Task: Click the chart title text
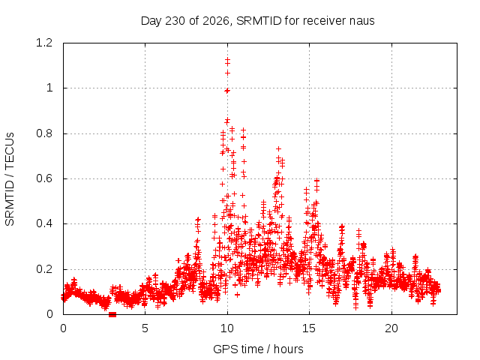[x=257, y=21]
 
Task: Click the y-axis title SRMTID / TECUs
[x=10, y=179]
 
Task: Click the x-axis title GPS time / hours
[x=258, y=349]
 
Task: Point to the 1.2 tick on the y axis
[x=44, y=43]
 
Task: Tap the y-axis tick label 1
[x=49, y=88]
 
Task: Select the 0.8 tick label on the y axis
[x=44, y=133]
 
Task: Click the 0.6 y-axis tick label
[x=44, y=178]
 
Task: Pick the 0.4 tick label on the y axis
[x=44, y=223]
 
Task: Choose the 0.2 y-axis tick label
[x=44, y=269]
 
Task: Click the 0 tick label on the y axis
[x=49, y=314]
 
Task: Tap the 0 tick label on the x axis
[x=63, y=328]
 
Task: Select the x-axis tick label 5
[x=145, y=328]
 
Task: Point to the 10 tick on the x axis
[x=226, y=328]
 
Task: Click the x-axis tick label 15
[x=309, y=328]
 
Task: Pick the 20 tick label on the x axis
[x=391, y=328]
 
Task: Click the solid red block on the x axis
[x=112, y=314]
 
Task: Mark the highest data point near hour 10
[x=227, y=60]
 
